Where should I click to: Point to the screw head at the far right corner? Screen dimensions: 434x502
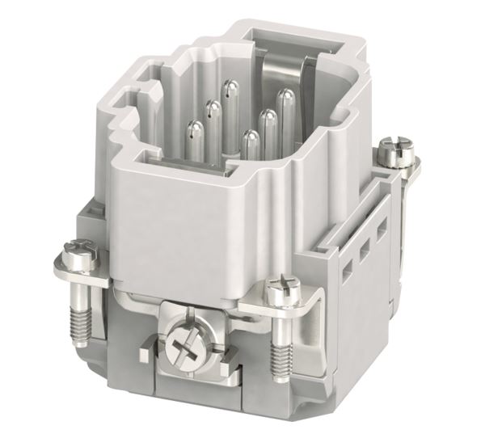(x=398, y=151)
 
